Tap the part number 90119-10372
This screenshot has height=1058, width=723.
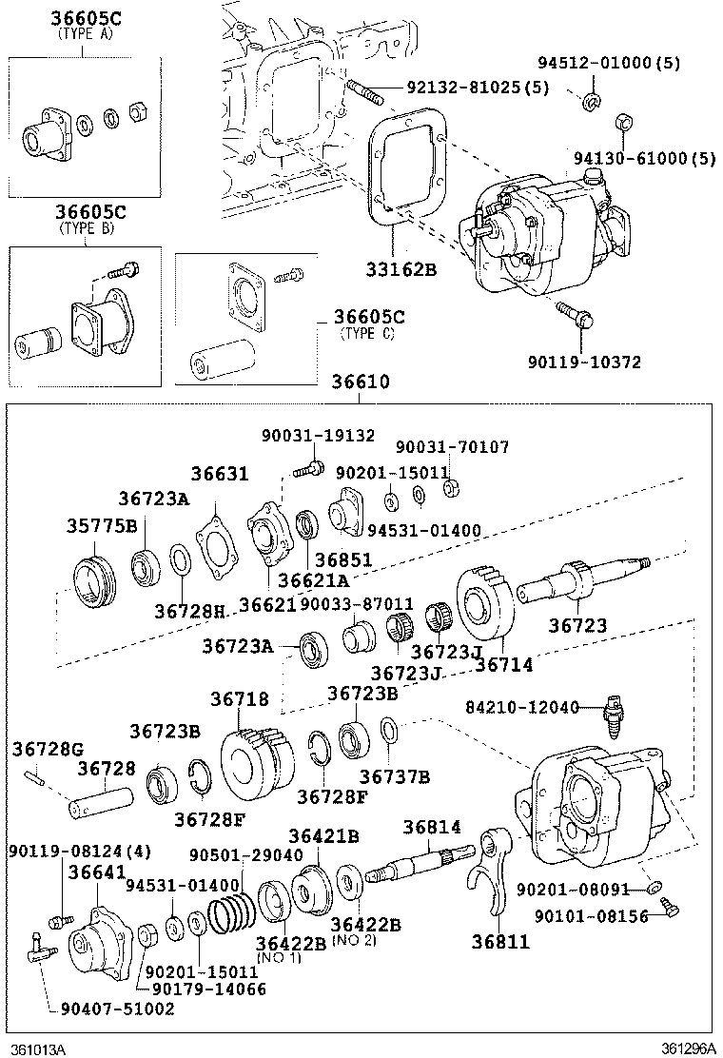[585, 362]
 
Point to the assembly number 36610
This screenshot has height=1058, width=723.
[360, 382]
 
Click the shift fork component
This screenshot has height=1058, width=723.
[490, 871]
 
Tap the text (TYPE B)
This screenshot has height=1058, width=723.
[86, 228]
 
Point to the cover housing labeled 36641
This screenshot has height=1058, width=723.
[100, 942]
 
